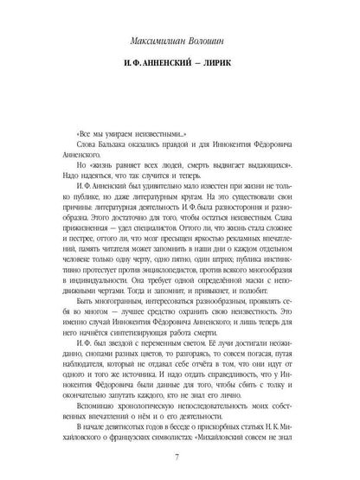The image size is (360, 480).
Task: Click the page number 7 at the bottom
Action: click(180, 456)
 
